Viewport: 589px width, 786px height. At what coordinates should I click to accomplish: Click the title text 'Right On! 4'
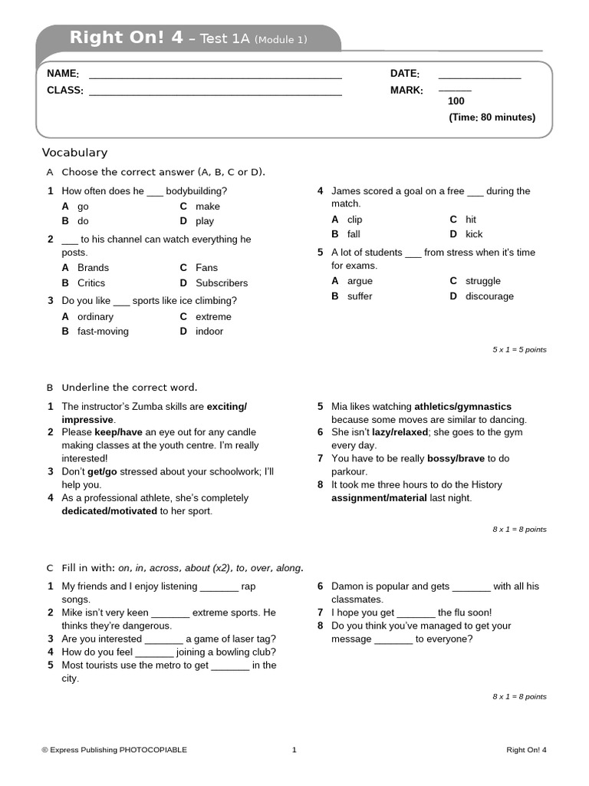126,38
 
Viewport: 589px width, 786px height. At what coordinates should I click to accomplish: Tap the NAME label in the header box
62,74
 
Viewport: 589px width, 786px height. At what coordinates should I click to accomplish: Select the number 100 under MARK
456,101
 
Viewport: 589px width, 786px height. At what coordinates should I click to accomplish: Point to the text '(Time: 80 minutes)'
492,117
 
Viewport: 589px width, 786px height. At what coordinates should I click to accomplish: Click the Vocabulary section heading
74,153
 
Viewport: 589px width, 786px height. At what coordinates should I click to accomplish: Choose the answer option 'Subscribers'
222,283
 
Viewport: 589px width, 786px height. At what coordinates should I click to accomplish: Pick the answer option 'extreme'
213,316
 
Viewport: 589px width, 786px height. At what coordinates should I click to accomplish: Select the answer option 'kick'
474,234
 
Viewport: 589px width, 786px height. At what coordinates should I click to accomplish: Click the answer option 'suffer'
360,296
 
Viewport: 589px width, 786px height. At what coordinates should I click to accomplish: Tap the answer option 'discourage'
489,296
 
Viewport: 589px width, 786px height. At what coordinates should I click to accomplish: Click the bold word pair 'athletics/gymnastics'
462,407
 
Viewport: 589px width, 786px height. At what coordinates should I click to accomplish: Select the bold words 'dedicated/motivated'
110,511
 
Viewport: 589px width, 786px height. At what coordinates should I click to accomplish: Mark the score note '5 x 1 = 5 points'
519,350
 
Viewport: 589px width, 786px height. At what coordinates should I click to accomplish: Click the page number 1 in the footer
294,750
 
